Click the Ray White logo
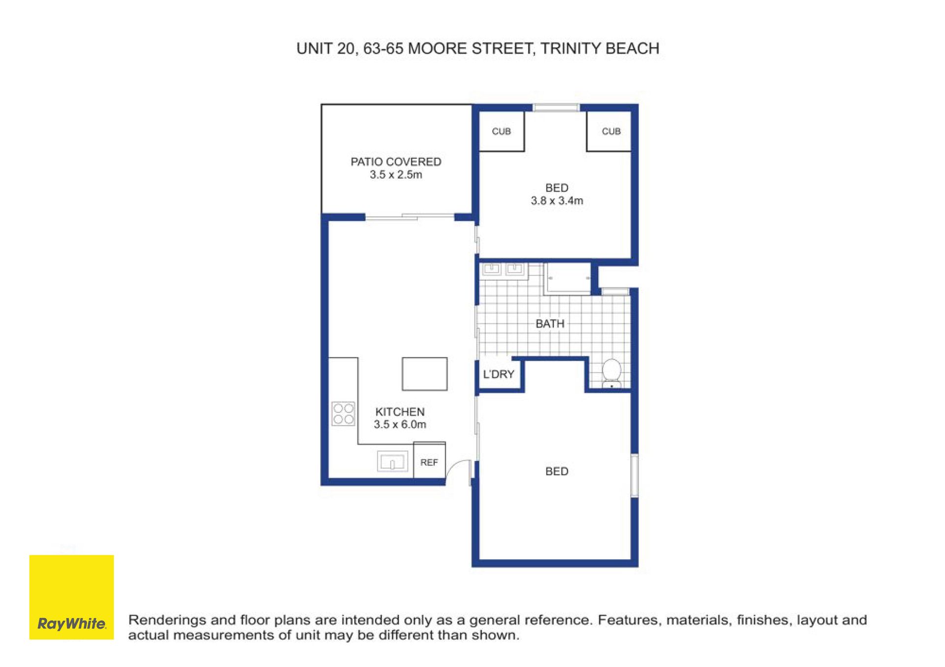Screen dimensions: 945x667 [71, 597]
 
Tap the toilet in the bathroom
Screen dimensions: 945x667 [612, 374]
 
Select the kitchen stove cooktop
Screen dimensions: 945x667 [343, 413]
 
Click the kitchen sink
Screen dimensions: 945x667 [392, 462]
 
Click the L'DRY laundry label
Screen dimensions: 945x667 [499, 374]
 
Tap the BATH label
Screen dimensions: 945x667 [550, 324]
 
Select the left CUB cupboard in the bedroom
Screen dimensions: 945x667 [502, 131]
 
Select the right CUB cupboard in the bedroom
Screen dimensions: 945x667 [609, 131]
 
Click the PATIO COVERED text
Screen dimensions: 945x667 [396, 162]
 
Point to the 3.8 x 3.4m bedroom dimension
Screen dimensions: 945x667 [557, 201]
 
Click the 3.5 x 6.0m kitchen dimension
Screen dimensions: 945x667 [400, 424]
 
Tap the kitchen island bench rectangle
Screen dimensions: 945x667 [425, 374]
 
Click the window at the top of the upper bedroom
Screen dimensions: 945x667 [556, 108]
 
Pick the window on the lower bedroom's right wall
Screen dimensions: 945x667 [635, 475]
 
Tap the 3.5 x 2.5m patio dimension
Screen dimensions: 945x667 [396, 175]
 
